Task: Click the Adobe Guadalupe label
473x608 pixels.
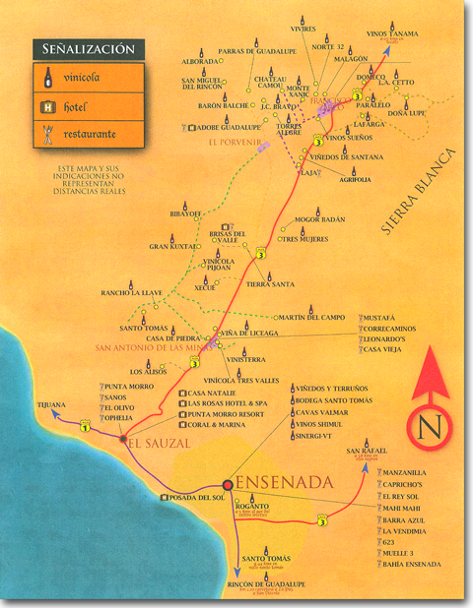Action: (229, 127)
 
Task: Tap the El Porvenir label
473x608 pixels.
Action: (233, 144)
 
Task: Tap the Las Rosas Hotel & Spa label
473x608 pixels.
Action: (222, 402)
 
